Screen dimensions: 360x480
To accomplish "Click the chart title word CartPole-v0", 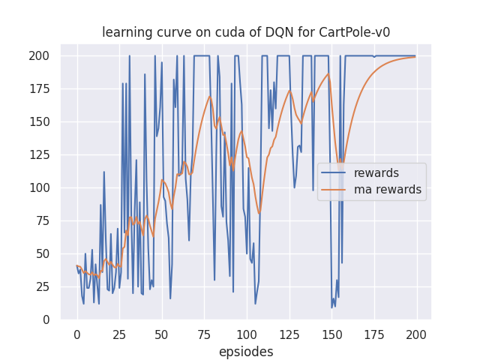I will (356, 32).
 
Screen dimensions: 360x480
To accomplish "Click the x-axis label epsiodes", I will (246, 352).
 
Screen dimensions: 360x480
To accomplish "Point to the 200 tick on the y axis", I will (40, 55).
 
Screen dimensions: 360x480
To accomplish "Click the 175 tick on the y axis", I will (40, 88).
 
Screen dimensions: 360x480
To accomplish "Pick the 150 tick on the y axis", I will (40, 121).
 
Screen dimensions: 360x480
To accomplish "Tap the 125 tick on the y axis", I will (40, 154).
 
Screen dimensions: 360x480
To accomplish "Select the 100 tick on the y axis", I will (40, 187).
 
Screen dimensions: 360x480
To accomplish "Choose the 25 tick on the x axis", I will (119, 334).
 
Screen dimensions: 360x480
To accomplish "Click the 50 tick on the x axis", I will (161, 334).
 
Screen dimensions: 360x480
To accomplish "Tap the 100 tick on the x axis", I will (246, 334).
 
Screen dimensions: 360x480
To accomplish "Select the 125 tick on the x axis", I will (289, 334).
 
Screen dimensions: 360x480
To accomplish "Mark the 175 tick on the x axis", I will (373, 334).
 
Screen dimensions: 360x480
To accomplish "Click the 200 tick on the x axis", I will (416, 334).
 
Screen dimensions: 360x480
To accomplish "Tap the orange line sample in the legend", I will (336, 190).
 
